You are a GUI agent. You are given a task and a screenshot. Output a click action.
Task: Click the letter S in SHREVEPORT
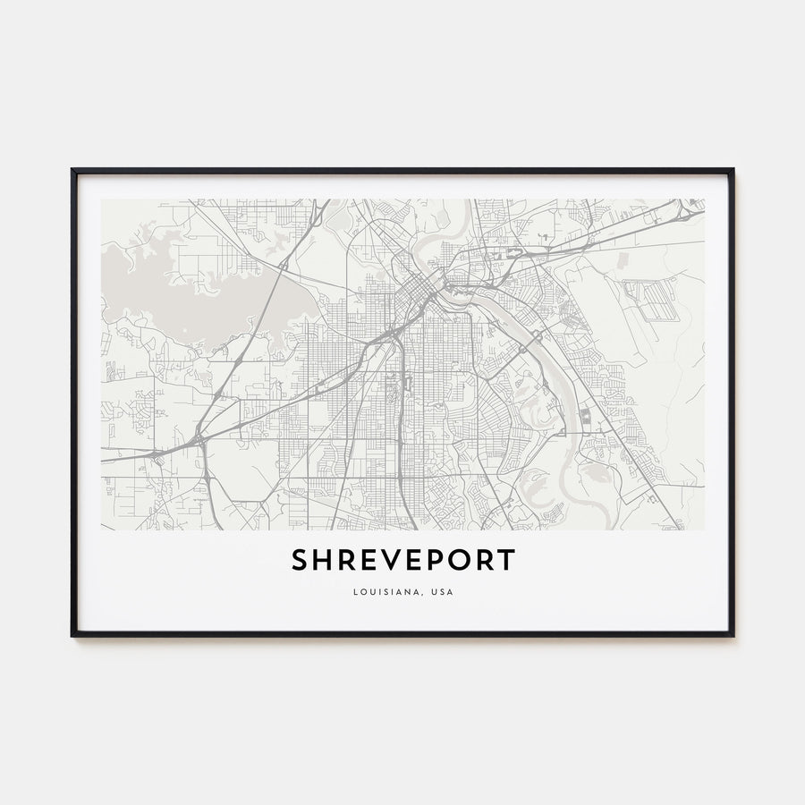click(299, 560)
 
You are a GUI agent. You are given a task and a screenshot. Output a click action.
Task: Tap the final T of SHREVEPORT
click(507, 560)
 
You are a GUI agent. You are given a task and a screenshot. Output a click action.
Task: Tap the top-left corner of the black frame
click(73, 170)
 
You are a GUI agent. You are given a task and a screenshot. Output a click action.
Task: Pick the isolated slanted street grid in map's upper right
click(651, 300)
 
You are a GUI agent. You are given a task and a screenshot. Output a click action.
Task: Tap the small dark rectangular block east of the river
click(586, 416)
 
